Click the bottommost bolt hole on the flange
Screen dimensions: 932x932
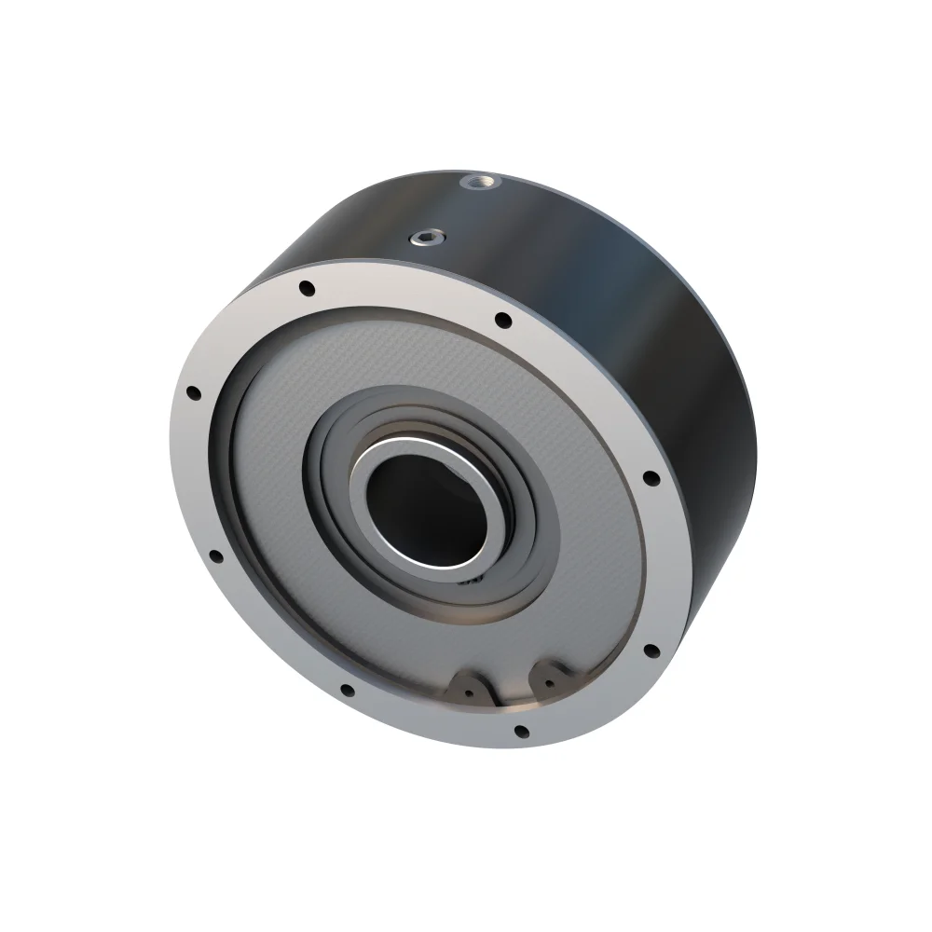tap(521, 732)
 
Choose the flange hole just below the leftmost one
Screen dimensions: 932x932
tap(215, 556)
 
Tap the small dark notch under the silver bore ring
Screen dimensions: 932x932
tap(473, 578)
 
